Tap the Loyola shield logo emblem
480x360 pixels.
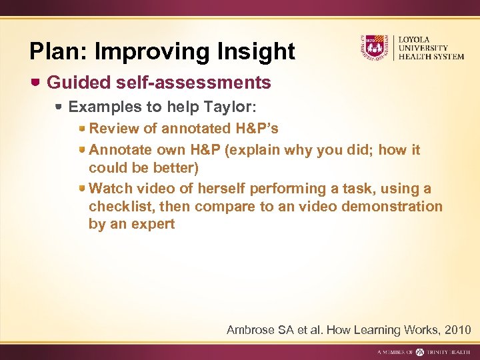click(374, 47)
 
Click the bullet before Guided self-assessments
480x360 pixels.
click(37, 83)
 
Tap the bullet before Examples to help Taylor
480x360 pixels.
click(59, 107)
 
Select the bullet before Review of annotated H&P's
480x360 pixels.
click(81, 128)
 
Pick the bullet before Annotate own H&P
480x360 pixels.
click(81, 150)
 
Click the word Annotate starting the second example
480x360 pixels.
click(120, 150)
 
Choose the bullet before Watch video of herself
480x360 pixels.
click(81, 189)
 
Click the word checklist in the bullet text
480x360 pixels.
click(119, 207)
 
